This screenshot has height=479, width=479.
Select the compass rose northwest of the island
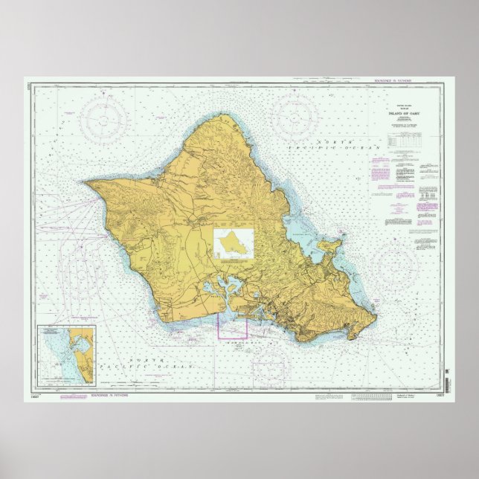pos(102,117)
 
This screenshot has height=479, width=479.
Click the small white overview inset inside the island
pos(234,244)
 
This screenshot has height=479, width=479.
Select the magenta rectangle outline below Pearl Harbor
pos(232,325)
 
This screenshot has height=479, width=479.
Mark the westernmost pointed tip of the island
pos(85,181)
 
